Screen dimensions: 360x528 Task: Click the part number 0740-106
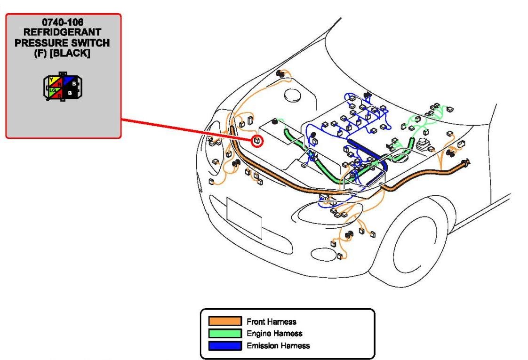(63, 22)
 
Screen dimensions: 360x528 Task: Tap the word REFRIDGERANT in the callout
(63, 32)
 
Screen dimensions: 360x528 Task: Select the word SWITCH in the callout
(90, 43)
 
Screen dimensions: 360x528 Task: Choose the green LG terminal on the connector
(53, 89)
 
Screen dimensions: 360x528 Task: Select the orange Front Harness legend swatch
(225, 321)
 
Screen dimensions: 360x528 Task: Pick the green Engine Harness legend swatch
(225, 334)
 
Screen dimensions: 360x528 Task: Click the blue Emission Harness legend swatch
(225, 346)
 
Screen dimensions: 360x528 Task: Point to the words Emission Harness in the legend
(278, 346)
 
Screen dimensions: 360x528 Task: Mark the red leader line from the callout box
(188, 129)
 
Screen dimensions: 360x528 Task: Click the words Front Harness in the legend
(272, 322)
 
